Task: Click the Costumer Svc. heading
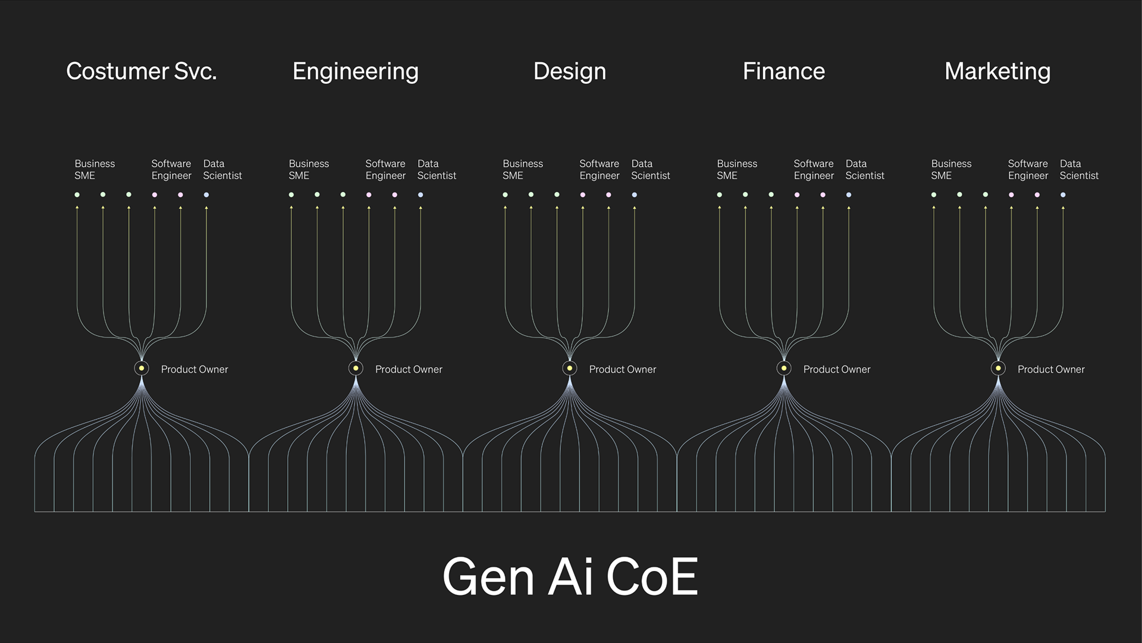pos(141,71)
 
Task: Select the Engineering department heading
pos(355,71)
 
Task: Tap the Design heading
pos(569,71)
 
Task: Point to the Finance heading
pos(783,71)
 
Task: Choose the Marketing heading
pos(997,71)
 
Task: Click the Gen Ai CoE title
pos(570,576)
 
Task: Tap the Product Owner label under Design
pos(622,369)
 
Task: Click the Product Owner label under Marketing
pos(1050,369)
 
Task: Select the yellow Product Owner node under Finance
pos(784,368)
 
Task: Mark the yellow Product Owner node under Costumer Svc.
pos(142,368)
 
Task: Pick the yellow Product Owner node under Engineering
pos(356,368)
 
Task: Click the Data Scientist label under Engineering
pos(437,170)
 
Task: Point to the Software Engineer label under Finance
pos(814,170)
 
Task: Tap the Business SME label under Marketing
pos(951,170)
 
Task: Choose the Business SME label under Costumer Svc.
pos(95,170)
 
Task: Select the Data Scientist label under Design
pos(650,170)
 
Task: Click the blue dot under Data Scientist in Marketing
pos(1063,195)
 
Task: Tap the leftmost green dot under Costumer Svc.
pos(77,195)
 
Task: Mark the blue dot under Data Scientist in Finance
pos(849,195)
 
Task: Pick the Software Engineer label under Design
pos(600,170)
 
